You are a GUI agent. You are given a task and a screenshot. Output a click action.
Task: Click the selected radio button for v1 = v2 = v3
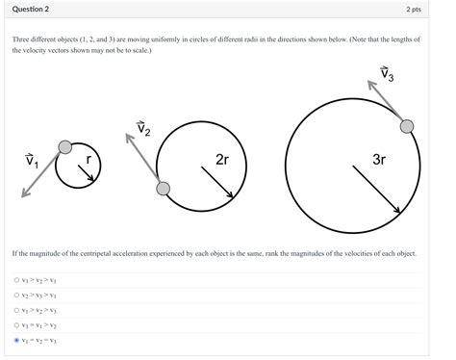16,340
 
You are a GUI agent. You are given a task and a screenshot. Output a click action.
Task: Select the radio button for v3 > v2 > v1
16,280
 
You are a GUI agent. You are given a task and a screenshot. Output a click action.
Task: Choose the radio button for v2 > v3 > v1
16,295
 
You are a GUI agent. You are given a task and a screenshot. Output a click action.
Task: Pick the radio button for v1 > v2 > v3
16,310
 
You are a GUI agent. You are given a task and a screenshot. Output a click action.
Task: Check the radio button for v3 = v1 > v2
16,325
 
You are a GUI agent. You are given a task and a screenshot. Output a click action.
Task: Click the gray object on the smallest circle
65,147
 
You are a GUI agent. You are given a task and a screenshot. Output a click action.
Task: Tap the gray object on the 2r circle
164,189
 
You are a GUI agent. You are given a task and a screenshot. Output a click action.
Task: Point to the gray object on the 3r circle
407,126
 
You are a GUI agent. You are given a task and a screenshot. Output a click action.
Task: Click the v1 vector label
32,161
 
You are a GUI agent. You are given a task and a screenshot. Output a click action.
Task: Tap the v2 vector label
143,128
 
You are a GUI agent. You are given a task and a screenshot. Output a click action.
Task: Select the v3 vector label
387,74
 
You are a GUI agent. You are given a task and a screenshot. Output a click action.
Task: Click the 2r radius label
222,160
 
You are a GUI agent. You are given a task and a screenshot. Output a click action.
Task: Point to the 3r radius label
379,160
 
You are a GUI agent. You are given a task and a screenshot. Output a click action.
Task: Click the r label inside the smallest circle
89,159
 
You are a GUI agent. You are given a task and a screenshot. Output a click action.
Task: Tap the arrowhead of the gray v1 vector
25,193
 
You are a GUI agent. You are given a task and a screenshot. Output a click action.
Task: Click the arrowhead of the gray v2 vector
129,138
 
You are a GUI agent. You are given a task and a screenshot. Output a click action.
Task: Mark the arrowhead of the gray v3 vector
371,85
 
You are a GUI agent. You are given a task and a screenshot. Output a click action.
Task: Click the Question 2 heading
31,9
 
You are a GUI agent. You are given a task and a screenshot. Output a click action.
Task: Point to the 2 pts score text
414,10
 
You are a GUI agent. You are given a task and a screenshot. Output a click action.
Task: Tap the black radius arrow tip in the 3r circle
400,212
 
